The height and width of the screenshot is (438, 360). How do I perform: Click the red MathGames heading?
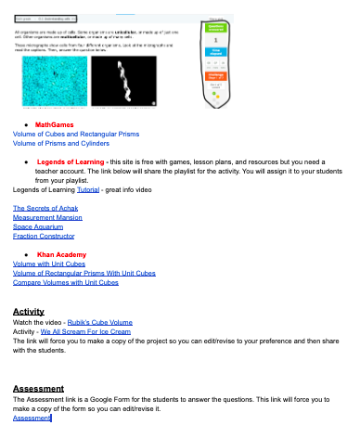(x=55, y=123)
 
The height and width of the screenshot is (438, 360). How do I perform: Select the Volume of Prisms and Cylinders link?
(x=61, y=144)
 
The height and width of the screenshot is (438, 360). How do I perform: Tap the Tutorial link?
(x=88, y=189)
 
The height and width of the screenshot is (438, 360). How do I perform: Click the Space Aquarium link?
(x=37, y=226)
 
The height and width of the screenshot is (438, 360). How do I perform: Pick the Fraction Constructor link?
(x=43, y=236)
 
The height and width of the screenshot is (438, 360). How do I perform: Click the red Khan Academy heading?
(x=61, y=254)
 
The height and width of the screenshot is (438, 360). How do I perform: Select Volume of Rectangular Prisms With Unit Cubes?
(x=84, y=274)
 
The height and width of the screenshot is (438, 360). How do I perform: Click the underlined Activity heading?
(x=29, y=312)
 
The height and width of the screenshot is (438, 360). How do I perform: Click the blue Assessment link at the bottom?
(x=32, y=419)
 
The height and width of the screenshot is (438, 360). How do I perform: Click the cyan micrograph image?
(x=55, y=82)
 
